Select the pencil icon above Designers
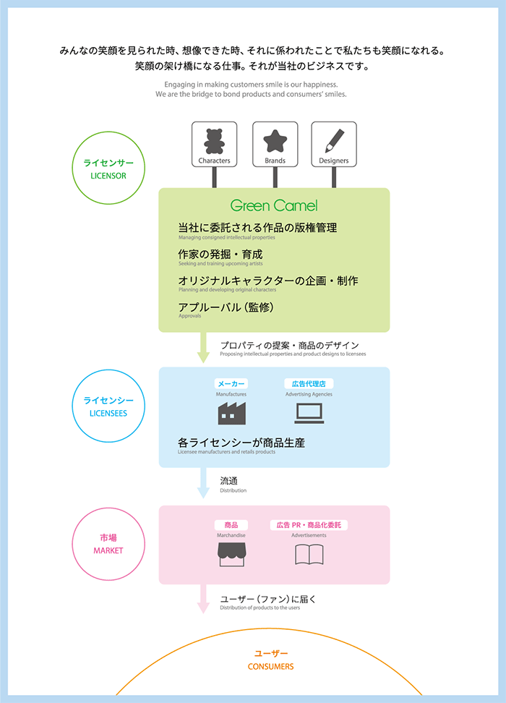(333, 140)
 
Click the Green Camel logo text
(274, 205)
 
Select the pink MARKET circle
(108, 544)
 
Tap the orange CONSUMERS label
(271, 666)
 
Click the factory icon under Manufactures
(231, 413)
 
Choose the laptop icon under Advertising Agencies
(309, 413)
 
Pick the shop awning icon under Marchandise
(231, 554)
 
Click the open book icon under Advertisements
(309, 554)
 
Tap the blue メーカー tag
(231, 384)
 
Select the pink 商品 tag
(231, 525)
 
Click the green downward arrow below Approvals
(203, 348)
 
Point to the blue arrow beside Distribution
(203, 483)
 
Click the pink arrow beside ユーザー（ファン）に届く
(203, 600)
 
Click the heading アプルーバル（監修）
(226, 307)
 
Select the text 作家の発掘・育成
(220, 255)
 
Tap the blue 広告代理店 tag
(309, 384)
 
